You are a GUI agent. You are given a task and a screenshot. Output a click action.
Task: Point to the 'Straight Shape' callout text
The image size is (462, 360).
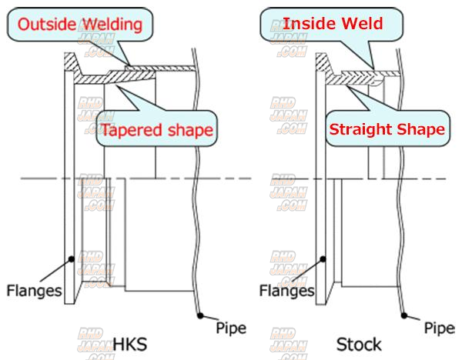pos(387,129)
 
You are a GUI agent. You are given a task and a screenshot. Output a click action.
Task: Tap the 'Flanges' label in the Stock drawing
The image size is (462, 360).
pos(286,291)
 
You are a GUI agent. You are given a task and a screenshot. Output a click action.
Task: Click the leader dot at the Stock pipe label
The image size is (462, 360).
pos(405,312)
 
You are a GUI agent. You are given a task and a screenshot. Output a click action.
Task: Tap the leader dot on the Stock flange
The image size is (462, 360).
pos(326,258)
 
